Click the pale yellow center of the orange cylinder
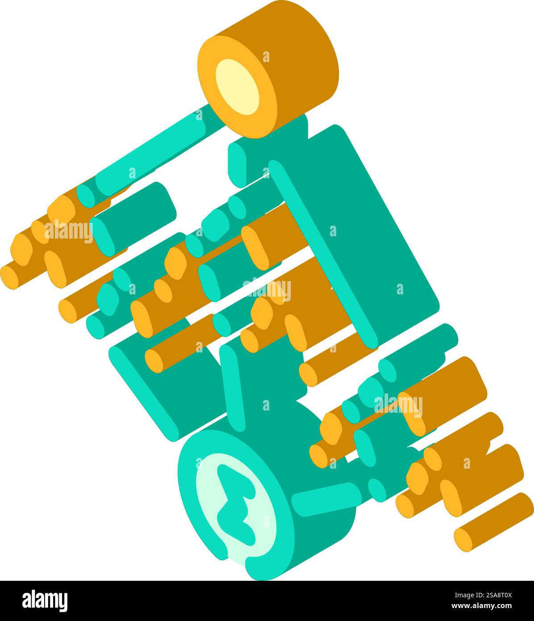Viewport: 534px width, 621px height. coord(237,87)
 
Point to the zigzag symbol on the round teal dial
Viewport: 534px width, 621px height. coord(236,505)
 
